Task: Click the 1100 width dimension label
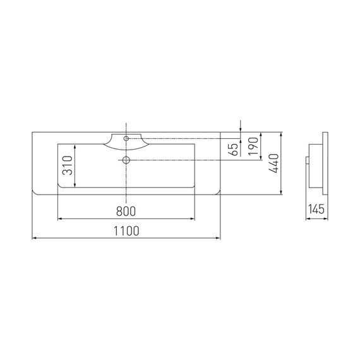(x=126, y=231)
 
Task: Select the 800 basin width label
(x=126, y=211)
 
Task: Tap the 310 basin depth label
(x=68, y=165)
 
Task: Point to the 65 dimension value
(x=234, y=150)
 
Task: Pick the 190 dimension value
(x=254, y=146)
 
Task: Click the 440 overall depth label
(x=273, y=163)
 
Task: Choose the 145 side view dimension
(x=316, y=209)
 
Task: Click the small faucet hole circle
(x=126, y=138)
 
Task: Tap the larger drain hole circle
(x=126, y=160)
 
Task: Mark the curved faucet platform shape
(x=126, y=142)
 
